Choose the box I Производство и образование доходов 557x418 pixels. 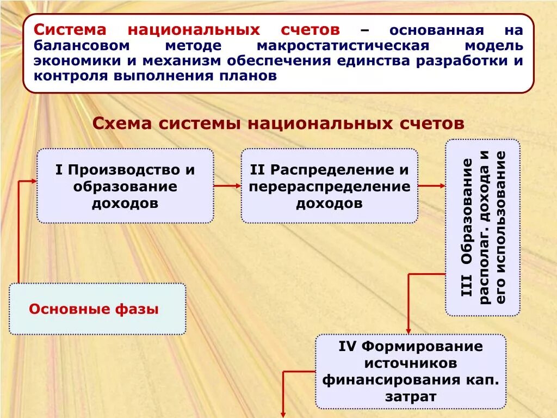coord(125,186)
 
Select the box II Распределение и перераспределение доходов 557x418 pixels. coord(330,186)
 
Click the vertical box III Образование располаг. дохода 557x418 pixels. coord(482,228)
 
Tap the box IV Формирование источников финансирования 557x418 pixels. coord(411,371)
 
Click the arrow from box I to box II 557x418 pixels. coord(227,186)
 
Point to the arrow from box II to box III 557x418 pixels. coord(432,186)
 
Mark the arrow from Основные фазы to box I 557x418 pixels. coord(20,229)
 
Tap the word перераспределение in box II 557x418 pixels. coord(330,187)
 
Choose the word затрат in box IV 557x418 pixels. coord(411,396)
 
